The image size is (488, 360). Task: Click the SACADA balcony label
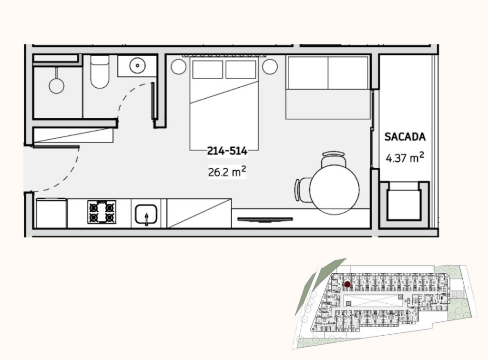(405, 137)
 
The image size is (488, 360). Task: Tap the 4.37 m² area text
(405, 158)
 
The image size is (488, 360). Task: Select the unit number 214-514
(227, 152)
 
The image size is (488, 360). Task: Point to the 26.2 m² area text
(227, 172)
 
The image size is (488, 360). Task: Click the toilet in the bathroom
(100, 73)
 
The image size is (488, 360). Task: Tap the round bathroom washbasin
(138, 65)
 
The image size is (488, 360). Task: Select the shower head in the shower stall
(57, 85)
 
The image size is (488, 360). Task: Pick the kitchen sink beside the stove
(145, 214)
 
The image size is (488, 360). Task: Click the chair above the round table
(334, 159)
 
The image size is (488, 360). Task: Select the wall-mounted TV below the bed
(265, 219)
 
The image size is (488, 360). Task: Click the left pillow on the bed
(207, 69)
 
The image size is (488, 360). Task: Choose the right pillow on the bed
(241, 69)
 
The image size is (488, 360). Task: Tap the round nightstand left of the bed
(179, 66)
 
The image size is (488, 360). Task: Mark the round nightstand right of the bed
(270, 66)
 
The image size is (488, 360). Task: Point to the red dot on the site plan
(347, 284)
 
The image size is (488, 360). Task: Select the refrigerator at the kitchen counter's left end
(51, 214)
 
